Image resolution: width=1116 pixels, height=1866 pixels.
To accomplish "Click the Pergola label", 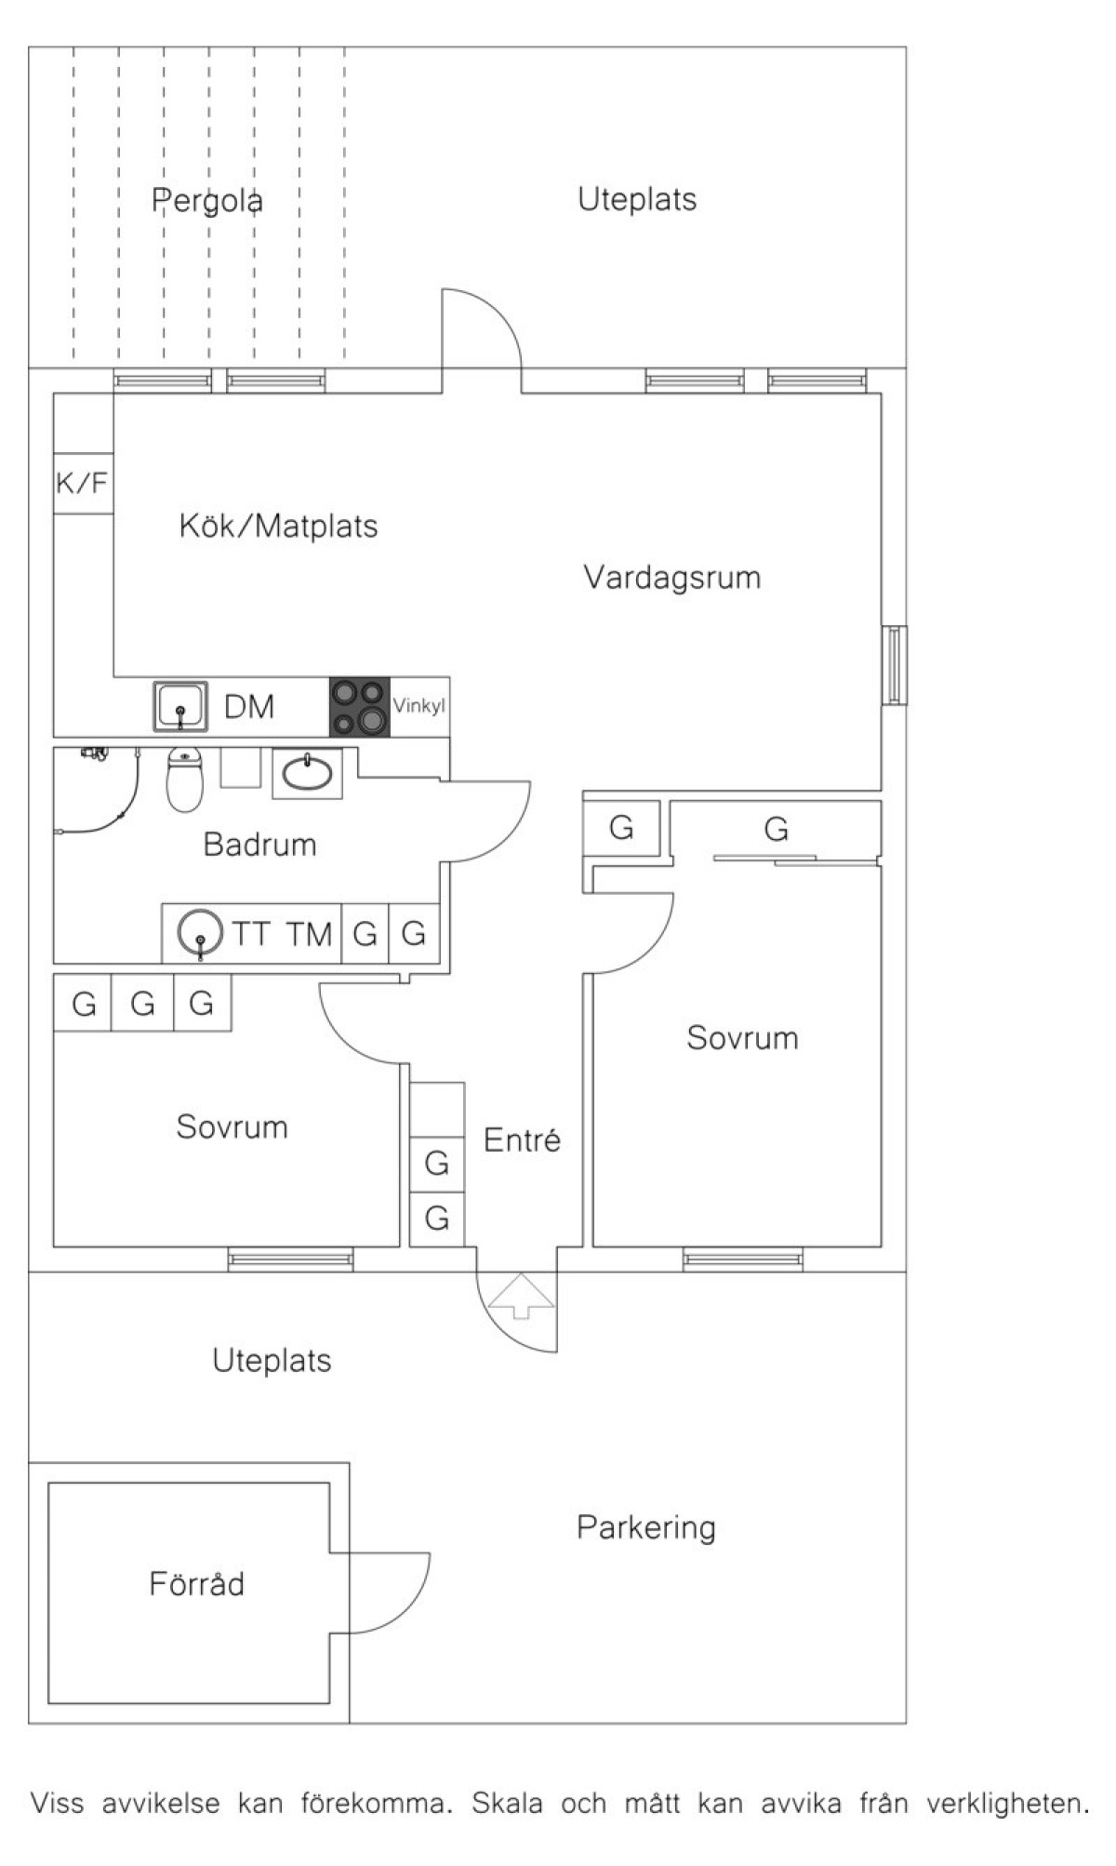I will click(207, 200).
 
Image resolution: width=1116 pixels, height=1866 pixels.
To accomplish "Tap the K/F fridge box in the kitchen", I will click(83, 483).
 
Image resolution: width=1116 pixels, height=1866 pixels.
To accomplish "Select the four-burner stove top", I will click(359, 707).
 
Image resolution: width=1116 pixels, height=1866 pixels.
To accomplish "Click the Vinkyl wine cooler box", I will click(419, 706).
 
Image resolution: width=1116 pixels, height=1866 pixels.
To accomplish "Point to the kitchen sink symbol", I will click(179, 707).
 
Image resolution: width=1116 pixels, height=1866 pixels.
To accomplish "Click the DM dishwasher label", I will click(249, 707).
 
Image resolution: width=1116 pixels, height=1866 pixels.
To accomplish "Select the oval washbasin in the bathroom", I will click(307, 773).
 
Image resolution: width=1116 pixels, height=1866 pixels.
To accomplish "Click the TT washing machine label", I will click(251, 933).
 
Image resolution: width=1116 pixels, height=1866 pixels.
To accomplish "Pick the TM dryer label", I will click(309, 933).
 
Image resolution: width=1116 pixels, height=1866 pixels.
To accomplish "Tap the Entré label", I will click(522, 1140).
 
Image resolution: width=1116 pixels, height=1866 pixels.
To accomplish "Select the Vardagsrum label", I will click(671, 578).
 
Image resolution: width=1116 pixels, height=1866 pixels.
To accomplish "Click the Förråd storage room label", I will click(196, 1583).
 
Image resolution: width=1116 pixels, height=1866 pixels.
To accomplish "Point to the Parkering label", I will click(645, 1527).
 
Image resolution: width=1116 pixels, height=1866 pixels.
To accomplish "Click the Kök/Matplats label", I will click(278, 526).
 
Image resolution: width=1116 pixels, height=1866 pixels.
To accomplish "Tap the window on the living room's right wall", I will click(895, 665).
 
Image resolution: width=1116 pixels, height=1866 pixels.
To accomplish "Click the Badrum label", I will click(259, 845).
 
